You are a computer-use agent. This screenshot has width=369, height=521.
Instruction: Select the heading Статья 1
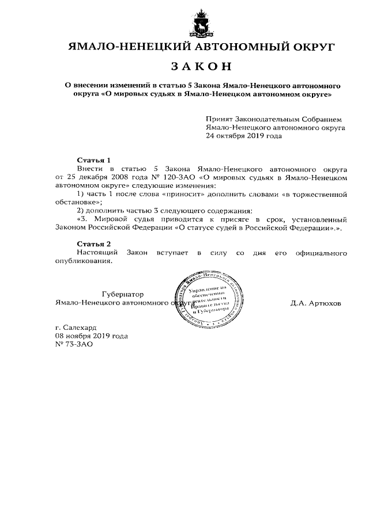tap(93, 159)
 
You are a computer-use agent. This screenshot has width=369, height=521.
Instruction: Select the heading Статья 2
tap(93, 244)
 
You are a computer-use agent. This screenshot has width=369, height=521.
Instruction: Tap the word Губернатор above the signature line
tap(123, 294)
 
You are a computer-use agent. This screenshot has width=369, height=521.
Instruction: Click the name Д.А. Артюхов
tap(316, 302)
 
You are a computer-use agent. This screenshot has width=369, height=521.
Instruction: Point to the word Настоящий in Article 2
tap(98, 253)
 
